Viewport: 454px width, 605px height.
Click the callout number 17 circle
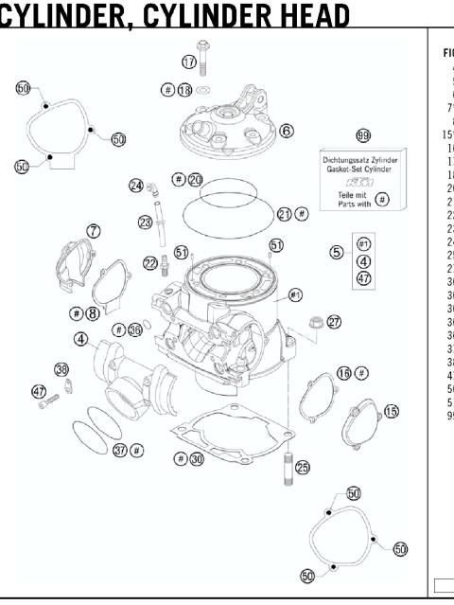click(189, 62)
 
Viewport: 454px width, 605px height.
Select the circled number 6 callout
click(286, 131)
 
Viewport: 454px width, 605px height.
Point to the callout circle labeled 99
click(362, 135)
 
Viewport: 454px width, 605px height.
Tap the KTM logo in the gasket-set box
click(361, 182)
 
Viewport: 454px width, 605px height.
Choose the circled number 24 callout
click(137, 186)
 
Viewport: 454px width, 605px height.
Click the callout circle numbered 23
click(146, 222)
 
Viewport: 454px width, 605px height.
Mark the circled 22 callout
click(151, 262)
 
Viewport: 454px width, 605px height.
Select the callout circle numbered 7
click(94, 230)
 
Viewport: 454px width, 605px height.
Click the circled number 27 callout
click(334, 322)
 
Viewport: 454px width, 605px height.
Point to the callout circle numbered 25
click(302, 467)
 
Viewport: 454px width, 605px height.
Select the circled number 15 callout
click(391, 411)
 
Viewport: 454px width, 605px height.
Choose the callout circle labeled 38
click(61, 369)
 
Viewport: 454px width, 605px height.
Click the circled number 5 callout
click(336, 252)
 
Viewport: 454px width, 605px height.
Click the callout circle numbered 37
click(120, 450)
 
